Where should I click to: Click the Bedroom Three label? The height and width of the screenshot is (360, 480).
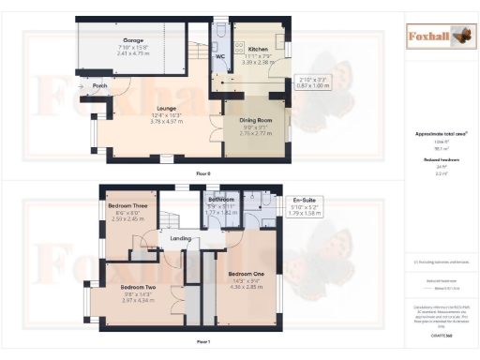pyautogui.click(x=127, y=205)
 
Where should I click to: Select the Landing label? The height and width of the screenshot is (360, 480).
pyautogui.click(x=180, y=238)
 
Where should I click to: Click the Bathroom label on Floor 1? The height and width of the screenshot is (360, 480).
pyautogui.click(x=221, y=200)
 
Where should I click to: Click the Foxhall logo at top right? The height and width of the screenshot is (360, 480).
pyautogui.click(x=436, y=37)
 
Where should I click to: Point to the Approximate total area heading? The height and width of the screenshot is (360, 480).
pyautogui.click(x=441, y=134)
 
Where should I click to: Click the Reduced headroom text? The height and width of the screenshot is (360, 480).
pyautogui.click(x=441, y=160)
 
